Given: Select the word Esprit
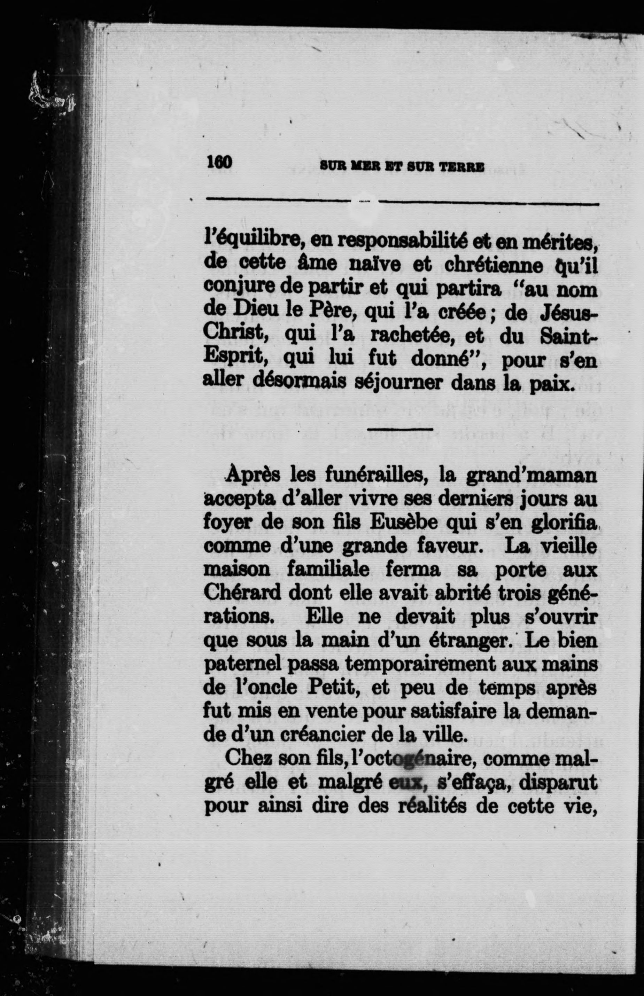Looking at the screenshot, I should (x=234, y=359).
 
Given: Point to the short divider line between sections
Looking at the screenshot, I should (x=400, y=429).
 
